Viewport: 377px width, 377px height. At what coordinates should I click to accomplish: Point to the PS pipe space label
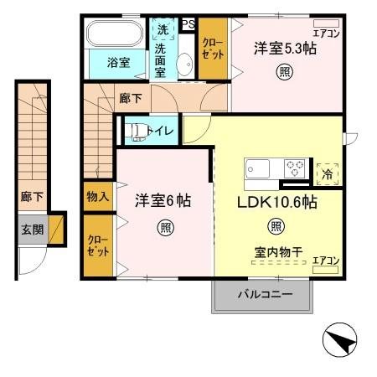point(189,23)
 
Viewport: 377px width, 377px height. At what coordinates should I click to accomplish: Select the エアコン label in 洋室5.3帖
point(326,34)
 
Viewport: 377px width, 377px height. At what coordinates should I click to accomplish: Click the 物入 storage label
point(97,197)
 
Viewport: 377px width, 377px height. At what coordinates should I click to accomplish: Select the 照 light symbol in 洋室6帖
point(166,226)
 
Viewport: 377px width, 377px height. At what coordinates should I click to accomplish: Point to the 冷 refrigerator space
point(327,173)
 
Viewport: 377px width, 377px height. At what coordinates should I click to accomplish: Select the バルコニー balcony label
point(263,295)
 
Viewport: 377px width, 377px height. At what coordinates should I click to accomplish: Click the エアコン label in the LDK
point(326,261)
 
